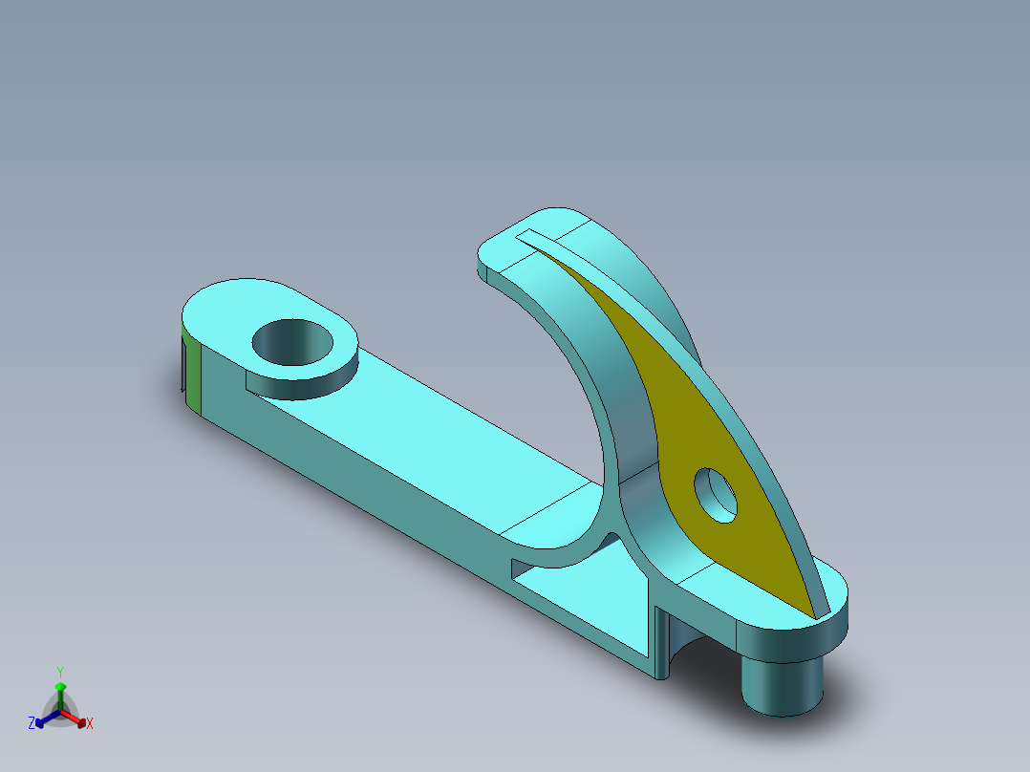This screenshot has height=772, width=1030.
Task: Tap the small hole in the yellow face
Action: pos(717,494)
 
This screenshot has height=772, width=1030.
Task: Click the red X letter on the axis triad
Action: pos(89,724)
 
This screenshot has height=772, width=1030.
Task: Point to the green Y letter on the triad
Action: pos(60,672)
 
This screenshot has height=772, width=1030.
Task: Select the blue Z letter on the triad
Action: pos(32,724)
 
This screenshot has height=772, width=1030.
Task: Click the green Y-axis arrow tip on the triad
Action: pos(60,687)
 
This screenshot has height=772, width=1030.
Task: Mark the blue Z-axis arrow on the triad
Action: pos(44,718)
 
